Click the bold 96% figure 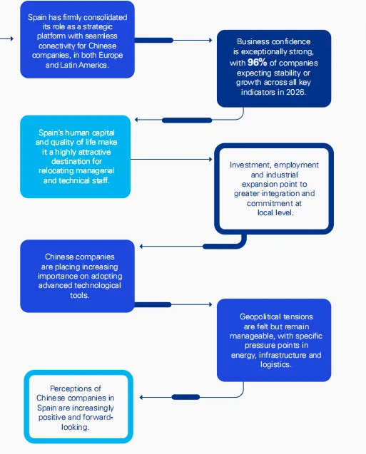click(x=257, y=62)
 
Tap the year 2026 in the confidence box click(x=295, y=92)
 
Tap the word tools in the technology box click(x=78, y=295)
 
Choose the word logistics click(x=275, y=364)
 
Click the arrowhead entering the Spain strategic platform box click(x=12, y=38)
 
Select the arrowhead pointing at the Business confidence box click(x=210, y=40)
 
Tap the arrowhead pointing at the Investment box click(x=210, y=159)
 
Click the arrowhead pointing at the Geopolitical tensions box click(x=210, y=304)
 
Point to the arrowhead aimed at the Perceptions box click(x=141, y=397)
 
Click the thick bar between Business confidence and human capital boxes click(x=187, y=120)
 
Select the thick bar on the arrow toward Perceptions click(x=185, y=397)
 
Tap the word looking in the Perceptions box click(x=75, y=427)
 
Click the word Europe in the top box click(x=111, y=56)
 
